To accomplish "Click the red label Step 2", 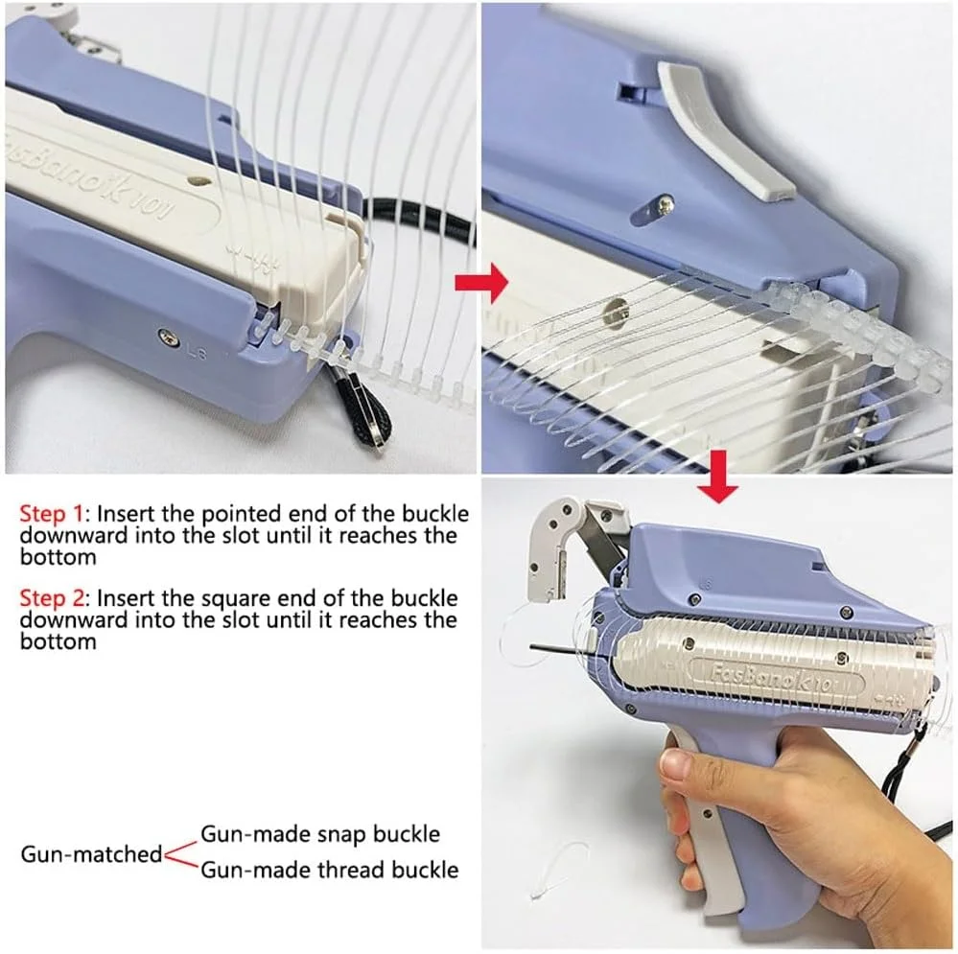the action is tap(52, 598).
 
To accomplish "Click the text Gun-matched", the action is tap(92, 854).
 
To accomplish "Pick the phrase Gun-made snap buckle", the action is tap(320, 834).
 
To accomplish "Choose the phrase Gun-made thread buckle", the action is tap(329, 870).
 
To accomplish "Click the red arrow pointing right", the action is tap(480, 283).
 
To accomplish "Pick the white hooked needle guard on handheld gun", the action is tap(559, 541).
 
